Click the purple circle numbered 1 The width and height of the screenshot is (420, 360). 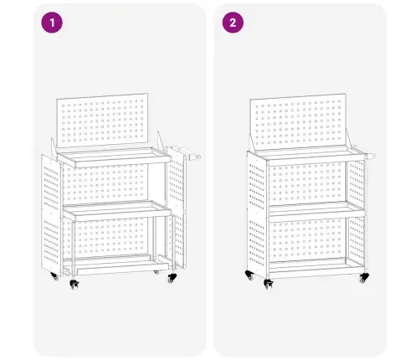53,23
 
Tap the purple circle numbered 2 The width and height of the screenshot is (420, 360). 233,23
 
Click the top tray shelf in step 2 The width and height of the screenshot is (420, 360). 305,157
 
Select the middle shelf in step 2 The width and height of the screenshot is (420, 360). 305,209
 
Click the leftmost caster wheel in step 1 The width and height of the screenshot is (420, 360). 55,275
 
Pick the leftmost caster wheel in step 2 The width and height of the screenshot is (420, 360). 249,276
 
